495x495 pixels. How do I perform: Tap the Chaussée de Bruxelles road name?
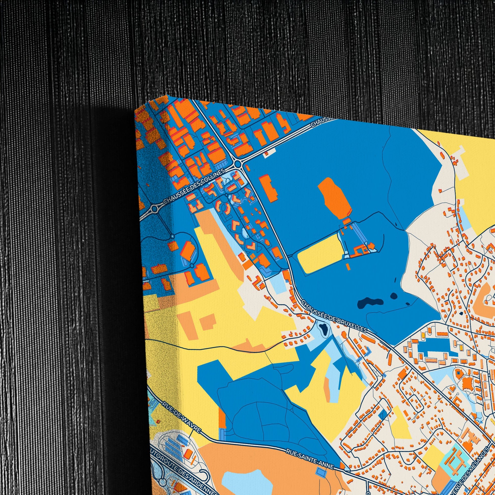pyautogui.click(x=334, y=317)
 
